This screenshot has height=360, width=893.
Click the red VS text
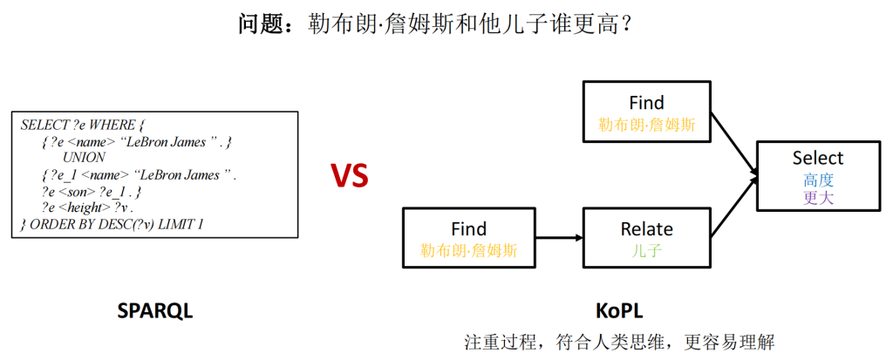[349, 177]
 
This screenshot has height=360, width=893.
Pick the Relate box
[646, 238]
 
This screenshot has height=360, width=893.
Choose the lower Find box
[468, 238]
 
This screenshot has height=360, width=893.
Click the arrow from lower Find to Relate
[558, 238]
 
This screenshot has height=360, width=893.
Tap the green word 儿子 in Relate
[646, 250]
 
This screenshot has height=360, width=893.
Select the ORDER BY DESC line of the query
[112, 224]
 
